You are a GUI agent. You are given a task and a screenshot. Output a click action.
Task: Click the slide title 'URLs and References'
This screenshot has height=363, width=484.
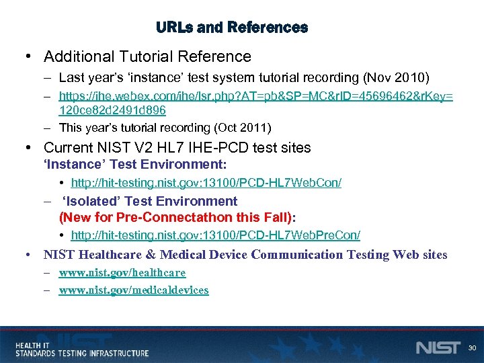click(232, 28)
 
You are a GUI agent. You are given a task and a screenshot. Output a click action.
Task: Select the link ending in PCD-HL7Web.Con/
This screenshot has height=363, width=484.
click(206, 183)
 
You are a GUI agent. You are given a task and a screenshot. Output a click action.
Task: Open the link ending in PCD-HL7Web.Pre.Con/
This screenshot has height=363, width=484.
click(215, 235)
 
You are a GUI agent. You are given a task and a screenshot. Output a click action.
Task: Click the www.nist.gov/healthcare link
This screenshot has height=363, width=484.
click(122, 273)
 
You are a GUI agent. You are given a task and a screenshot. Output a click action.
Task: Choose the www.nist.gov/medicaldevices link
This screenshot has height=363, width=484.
click(133, 290)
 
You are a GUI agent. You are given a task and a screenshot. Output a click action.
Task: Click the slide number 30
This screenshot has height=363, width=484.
click(472, 348)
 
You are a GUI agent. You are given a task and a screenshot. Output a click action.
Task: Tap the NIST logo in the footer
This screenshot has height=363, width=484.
click(438, 347)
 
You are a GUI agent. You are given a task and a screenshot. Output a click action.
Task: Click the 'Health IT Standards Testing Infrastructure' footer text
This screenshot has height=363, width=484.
click(82, 349)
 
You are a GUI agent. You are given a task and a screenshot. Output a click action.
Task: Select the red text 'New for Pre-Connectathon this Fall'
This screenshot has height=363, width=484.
click(177, 217)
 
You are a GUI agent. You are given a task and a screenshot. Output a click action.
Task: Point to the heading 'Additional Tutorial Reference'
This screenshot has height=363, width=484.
click(147, 56)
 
